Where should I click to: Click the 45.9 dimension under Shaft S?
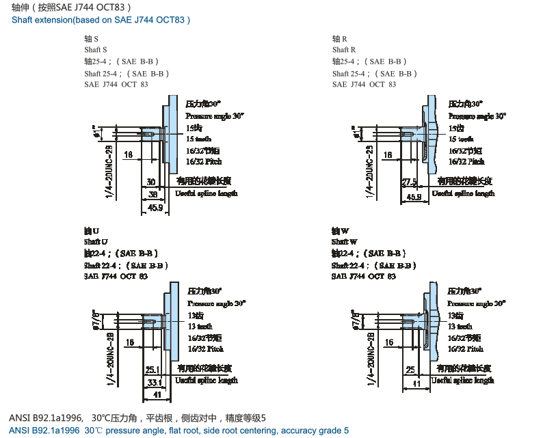click(155, 208)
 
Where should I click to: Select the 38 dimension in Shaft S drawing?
click(154, 195)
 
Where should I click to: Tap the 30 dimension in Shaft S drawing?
click(151, 182)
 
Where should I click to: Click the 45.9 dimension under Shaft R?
click(414, 197)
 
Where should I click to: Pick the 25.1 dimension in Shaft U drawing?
click(153, 370)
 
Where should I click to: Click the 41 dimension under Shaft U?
click(157, 394)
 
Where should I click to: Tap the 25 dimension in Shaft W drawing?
click(410, 370)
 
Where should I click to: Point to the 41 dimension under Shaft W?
click(416, 385)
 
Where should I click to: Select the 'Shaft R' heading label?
click(344, 50)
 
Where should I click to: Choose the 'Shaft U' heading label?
click(96, 242)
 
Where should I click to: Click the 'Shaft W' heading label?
click(345, 242)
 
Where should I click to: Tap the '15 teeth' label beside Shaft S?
click(199, 139)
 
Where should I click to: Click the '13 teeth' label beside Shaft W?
click(462, 327)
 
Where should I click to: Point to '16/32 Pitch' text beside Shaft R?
click(466, 161)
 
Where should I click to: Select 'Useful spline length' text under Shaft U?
click(207, 380)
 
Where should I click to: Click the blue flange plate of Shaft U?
click(172, 322)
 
